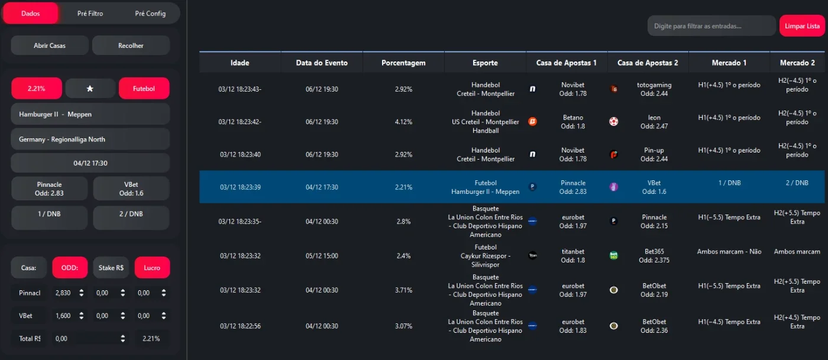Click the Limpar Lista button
point(802,26)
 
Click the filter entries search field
point(711,26)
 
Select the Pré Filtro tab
point(90,14)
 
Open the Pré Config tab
point(150,14)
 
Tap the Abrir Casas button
point(50,46)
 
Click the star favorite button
point(90,89)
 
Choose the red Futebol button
point(144,88)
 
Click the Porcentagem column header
point(403,63)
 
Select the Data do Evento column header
point(322,63)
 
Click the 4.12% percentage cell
point(403,122)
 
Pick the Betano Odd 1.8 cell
point(573,122)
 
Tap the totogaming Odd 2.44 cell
point(654,89)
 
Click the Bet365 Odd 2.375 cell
point(654,256)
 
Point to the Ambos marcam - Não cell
point(729,252)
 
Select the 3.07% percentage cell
point(403,326)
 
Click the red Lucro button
point(152,268)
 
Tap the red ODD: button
point(70,268)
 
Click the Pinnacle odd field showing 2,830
point(69,293)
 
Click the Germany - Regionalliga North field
point(90,140)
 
